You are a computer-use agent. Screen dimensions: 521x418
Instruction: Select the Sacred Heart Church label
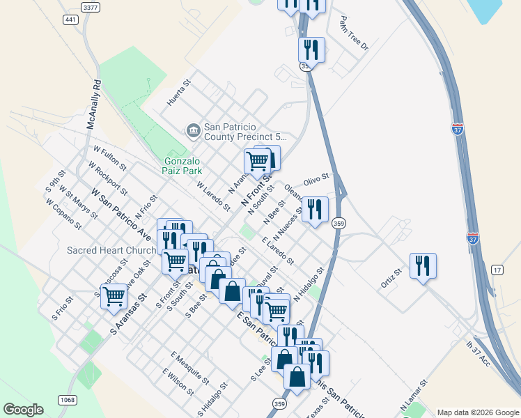click(111, 251)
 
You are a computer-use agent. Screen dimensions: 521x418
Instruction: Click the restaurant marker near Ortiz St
click(423, 265)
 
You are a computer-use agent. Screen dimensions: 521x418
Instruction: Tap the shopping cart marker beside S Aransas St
click(114, 295)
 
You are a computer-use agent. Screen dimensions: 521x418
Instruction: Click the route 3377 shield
click(90, 6)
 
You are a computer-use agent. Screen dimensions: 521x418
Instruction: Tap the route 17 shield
click(497, 270)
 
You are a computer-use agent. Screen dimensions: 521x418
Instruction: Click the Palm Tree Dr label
click(354, 33)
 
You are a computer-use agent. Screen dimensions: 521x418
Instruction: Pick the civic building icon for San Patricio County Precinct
click(192, 130)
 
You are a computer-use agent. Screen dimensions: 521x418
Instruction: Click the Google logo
click(24, 410)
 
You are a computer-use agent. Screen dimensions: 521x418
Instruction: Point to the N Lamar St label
click(412, 395)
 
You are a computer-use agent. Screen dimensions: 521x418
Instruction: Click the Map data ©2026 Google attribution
click(477, 412)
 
